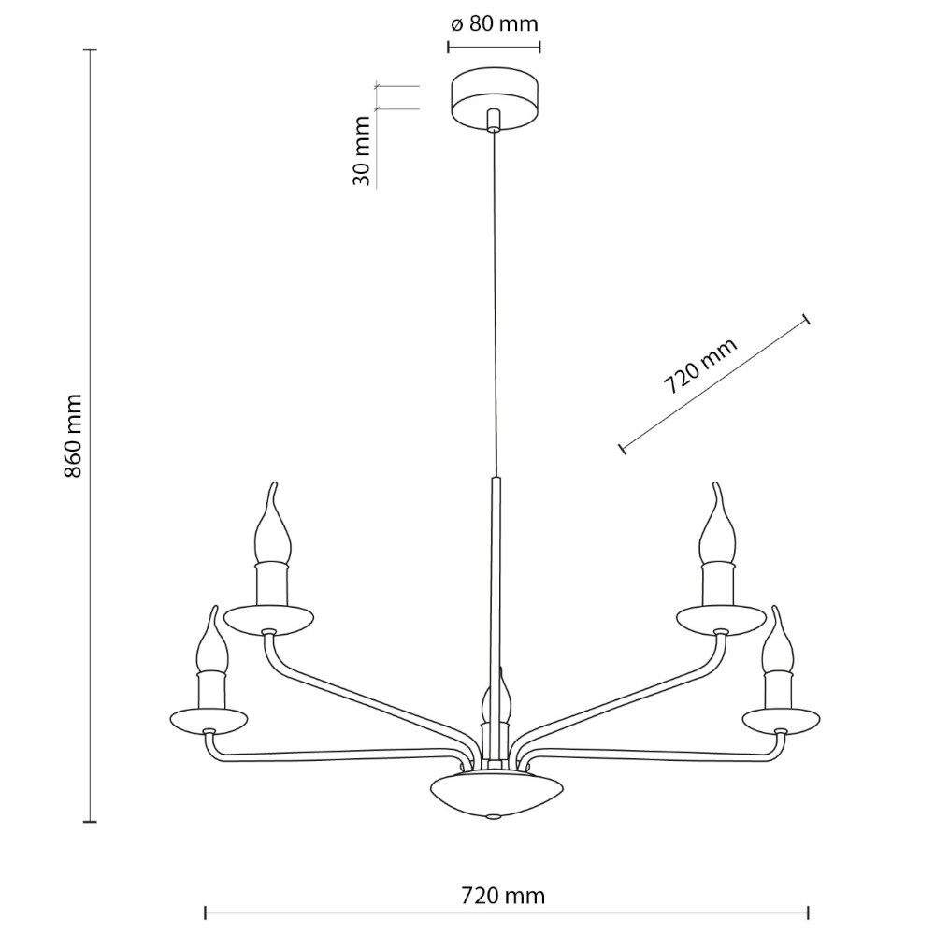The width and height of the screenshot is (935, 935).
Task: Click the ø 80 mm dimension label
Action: pyautogui.click(x=495, y=24)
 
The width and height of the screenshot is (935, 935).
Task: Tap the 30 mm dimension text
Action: pyautogui.click(x=362, y=151)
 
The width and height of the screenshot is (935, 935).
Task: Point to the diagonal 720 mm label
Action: pyautogui.click(x=700, y=367)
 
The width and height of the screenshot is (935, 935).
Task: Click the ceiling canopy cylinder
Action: pyautogui.click(x=495, y=100)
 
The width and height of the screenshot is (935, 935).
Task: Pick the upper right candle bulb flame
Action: pyautogui.click(x=718, y=525)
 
